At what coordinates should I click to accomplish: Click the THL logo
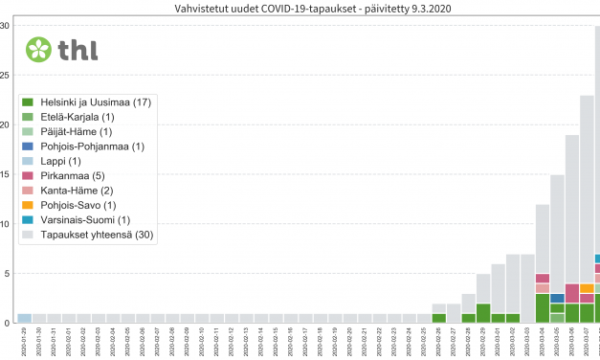click(x=61, y=49)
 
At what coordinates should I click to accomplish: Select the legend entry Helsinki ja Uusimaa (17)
click(x=86, y=102)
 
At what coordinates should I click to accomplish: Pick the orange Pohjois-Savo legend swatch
click(x=29, y=206)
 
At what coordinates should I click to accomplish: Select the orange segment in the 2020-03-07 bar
click(x=587, y=288)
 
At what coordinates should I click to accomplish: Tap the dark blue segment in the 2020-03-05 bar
click(x=557, y=299)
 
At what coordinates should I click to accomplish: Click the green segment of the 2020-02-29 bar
click(x=483, y=313)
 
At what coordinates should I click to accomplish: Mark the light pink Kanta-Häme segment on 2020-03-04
click(x=543, y=288)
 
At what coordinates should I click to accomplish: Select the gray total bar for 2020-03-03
click(x=527, y=288)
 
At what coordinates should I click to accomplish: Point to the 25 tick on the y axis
click(x=8, y=75)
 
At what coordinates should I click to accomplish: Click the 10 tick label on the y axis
click(x=8, y=224)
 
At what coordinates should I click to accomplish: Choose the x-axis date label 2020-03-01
click(x=499, y=341)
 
